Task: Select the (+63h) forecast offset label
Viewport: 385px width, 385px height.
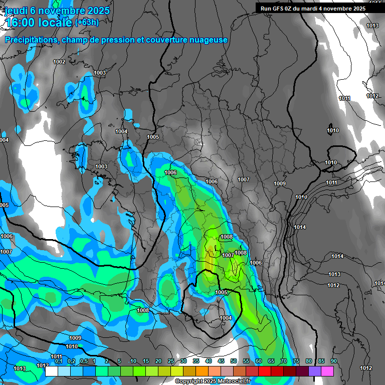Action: click(x=86, y=22)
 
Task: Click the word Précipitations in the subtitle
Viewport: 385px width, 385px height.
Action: click(x=31, y=40)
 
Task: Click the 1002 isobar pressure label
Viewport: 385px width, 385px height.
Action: click(x=59, y=62)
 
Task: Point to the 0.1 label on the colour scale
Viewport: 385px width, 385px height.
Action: click(x=59, y=361)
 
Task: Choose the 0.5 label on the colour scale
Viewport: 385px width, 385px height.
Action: click(x=84, y=361)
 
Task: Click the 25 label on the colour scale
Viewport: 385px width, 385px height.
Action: click(x=171, y=361)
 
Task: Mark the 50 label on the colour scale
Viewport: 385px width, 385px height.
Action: click(x=234, y=361)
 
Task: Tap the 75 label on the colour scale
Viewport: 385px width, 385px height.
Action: click(x=296, y=361)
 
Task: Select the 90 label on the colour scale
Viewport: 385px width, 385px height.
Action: click(x=333, y=361)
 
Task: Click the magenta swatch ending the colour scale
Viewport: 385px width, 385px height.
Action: click(x=327, y=371)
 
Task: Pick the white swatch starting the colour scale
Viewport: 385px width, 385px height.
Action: click(x=51, y=371)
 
